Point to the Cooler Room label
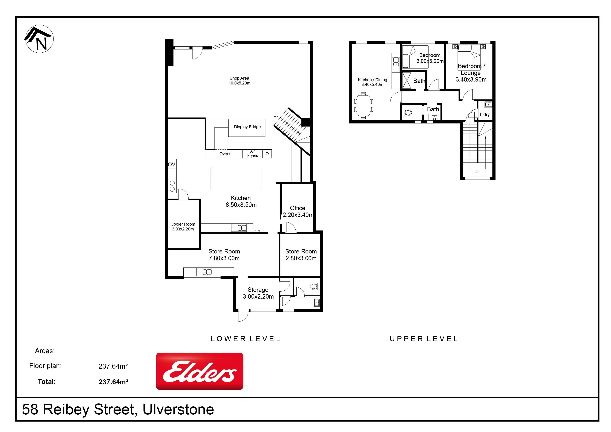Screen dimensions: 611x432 pyautogui.click(x=183, y=224)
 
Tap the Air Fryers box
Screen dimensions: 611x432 pyautogui.click(x=252, y=154)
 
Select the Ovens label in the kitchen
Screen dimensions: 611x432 pyautogui.click(x=225, y=154)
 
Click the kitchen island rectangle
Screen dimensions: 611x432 pyautogui.click(x=235, y=178)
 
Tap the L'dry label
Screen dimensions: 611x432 pyautogui.click(x=485, y=114)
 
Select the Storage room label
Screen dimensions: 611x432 pyautogui.click(x=258, y=290)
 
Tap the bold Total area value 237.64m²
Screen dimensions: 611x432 pyautogui.click(x=113, y=382)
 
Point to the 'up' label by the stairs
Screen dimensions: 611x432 pyautogui.click(x=276, y=116)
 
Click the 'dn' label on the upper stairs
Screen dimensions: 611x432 pyautogui.click(x=477, y=171)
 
